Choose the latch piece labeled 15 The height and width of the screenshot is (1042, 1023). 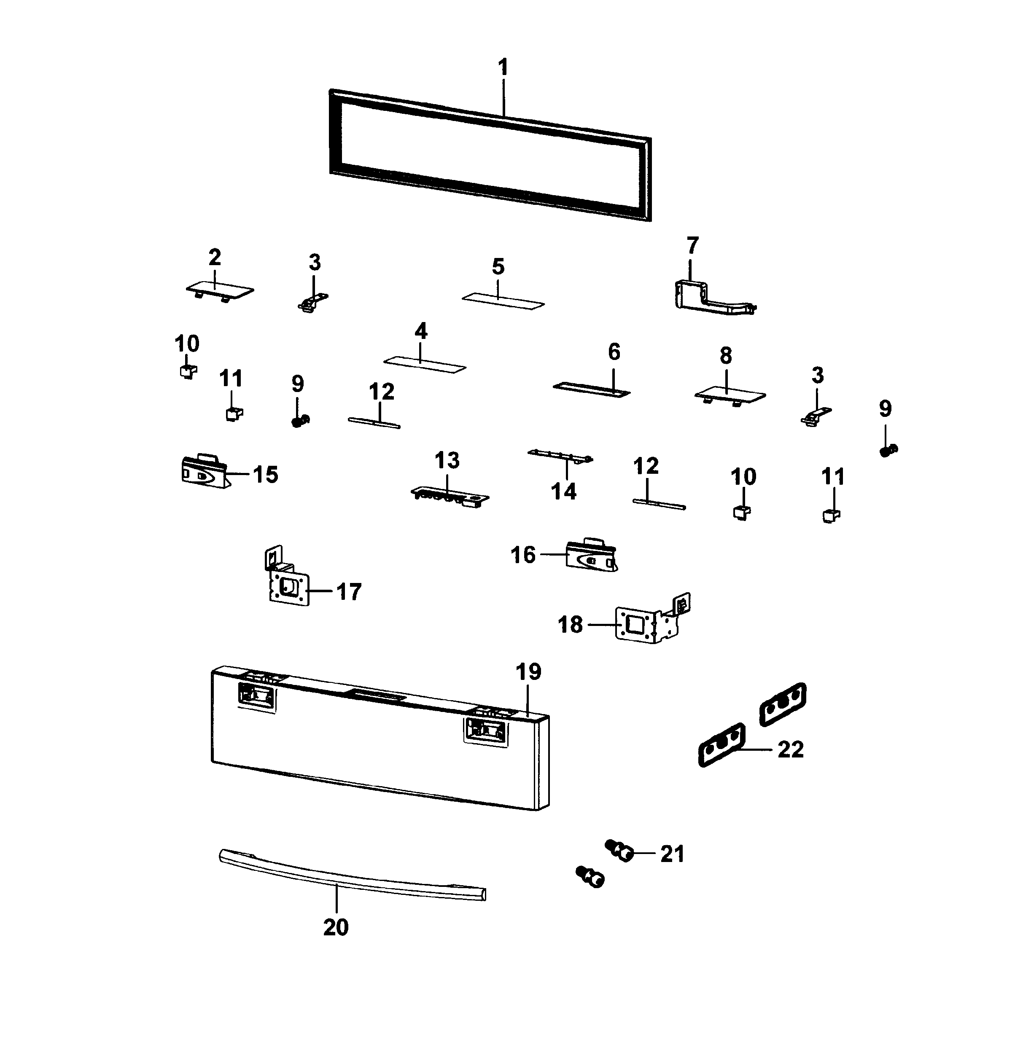click(203, 472)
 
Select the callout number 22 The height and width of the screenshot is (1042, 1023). click(790, 750)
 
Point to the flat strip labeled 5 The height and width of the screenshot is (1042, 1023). click(503, 301)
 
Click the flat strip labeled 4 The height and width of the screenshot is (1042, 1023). click(425, 364)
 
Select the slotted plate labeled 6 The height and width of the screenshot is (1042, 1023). click(591, 389)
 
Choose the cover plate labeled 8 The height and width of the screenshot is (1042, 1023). click(730, 395)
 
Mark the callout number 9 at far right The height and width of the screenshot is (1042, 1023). click(885, 409)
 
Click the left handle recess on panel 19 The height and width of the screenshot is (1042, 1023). click(256, 697)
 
